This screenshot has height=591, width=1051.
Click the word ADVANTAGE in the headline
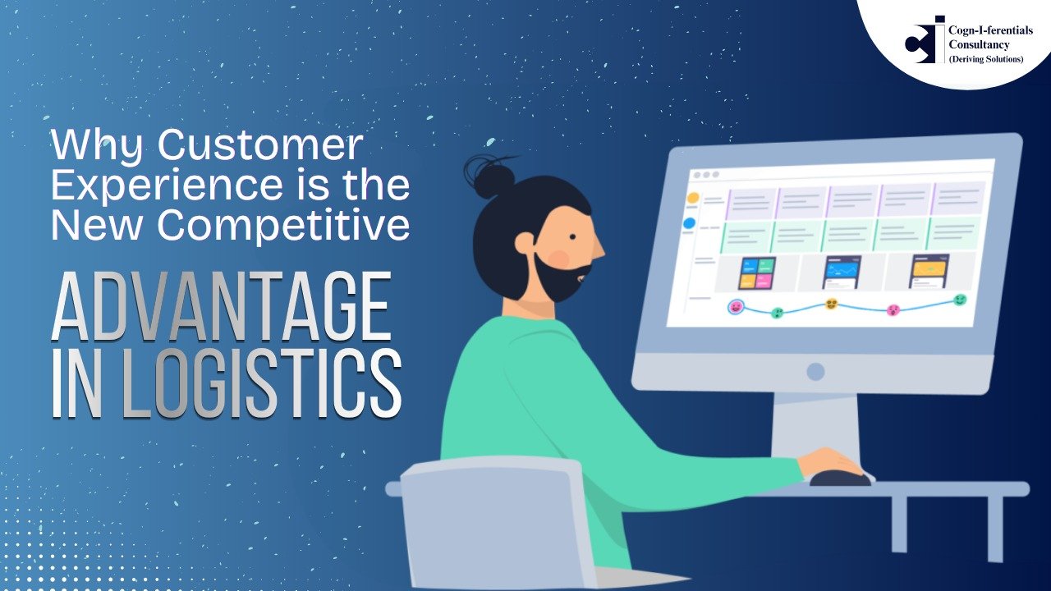tap(221, 306)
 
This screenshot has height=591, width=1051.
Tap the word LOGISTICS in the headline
tap(262, 383)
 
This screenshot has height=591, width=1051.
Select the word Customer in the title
tap(260, 144)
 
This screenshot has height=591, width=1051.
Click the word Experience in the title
tap(167, 186)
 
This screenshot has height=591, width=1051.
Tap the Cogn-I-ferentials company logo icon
tap(925, 40)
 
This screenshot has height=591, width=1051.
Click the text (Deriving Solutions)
tap(986, 59)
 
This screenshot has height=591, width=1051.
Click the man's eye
tap(572, 237)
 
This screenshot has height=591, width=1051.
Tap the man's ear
tap(525, 244)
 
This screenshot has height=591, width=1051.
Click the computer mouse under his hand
tap(840, 479)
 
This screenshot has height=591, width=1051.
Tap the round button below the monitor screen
tap(815, 372)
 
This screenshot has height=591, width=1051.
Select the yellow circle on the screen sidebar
tap(692, 198)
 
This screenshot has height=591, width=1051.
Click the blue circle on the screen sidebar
tap(689, 224)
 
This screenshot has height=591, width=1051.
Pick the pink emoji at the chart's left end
tap(736, 307)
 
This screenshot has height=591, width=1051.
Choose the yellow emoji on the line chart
tap(832, 304)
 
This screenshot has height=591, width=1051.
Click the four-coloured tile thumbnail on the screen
tap(756, 273)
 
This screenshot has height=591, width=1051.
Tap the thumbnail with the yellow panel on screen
tap(929, 271)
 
